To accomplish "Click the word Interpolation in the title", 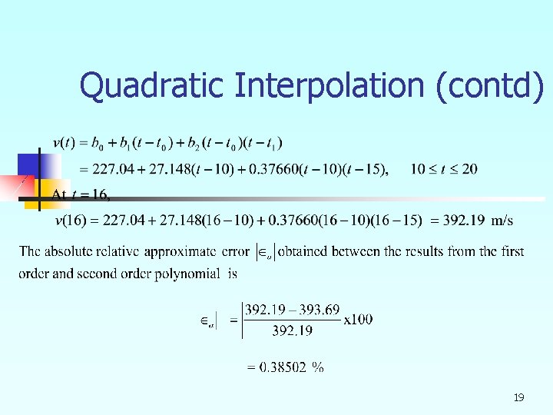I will point(329,85).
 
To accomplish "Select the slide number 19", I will point(518,397).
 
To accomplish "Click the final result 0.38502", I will point(283,367).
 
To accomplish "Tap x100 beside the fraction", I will point(358,319).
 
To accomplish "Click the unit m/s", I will point(502,221).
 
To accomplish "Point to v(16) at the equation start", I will point(71,221).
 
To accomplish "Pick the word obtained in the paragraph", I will point(307,251).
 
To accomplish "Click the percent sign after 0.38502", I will point(317,367).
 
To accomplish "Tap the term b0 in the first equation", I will point(98,144).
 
